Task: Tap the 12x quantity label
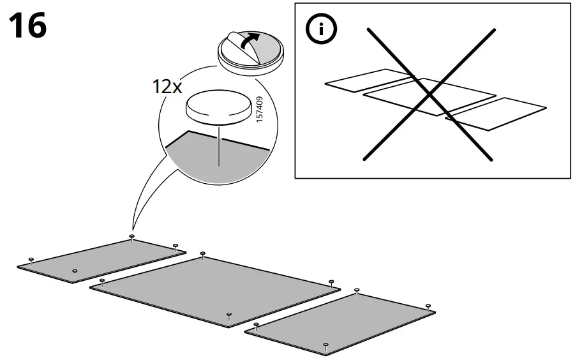click(x=168, y=87)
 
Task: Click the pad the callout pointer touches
click(x=131, y=236)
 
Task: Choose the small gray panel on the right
click(x=341, y=319)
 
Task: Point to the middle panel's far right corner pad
click(x=331, y=281)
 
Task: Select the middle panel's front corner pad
click(x=228, y=314)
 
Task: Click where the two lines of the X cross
click(x=429, y=94)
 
